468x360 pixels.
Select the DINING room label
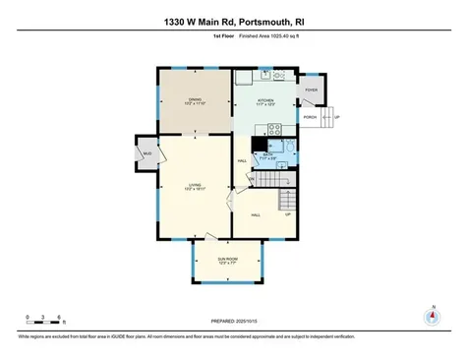(x=195, y=100)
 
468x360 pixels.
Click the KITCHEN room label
(x=265, y=101)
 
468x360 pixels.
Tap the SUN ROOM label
(x=227, y=260)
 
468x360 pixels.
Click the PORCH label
(x=310, y=117)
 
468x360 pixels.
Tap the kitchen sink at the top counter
(x=265, y=75)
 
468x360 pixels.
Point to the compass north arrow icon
(x=430, y=317)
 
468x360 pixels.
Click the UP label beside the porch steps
(x=338, y=117)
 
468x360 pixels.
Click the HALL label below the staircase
(x=255, y=214)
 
